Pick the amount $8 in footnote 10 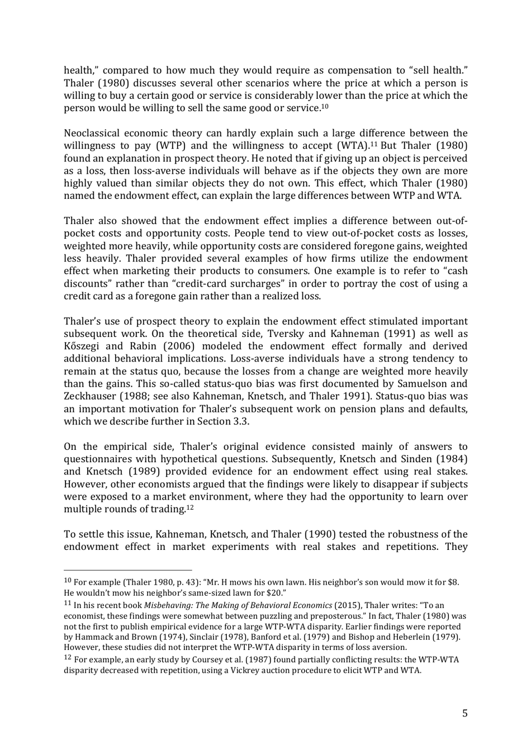click(x=453, y=582)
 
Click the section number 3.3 click(x=239, y=421)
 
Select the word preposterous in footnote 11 click(x=342, y=616)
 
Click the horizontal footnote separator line click(x=127, y=565)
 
